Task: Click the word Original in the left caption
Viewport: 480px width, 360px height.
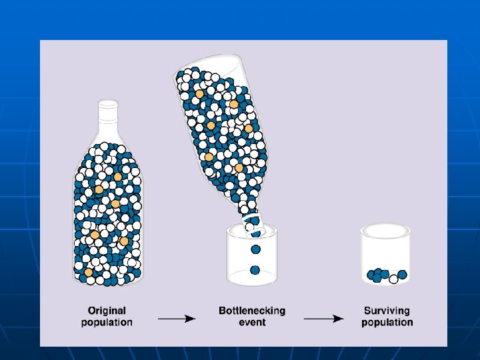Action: [107, 311]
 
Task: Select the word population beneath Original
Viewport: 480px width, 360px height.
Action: [107, 323]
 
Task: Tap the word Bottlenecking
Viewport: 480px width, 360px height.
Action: [252, 311]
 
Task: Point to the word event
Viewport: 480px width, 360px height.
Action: [252, 323]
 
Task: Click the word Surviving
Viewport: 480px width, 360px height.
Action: [387, 311]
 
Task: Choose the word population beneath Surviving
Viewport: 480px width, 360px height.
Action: [387, 323]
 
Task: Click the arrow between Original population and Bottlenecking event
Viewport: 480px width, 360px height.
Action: [176, 318]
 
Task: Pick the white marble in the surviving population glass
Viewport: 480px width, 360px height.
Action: [393, 279]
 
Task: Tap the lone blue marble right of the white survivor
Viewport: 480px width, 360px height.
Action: [403, 275]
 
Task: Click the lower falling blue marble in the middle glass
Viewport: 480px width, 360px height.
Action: [255, 270]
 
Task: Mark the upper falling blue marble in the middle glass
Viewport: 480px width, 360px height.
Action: [255, 249]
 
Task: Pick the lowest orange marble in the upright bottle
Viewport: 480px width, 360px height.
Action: [89, 273]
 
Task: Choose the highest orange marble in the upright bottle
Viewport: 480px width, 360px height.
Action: [118, 177]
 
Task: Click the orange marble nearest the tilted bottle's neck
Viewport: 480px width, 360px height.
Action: [239, 168]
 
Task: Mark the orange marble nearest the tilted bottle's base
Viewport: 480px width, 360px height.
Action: [199, 94]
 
